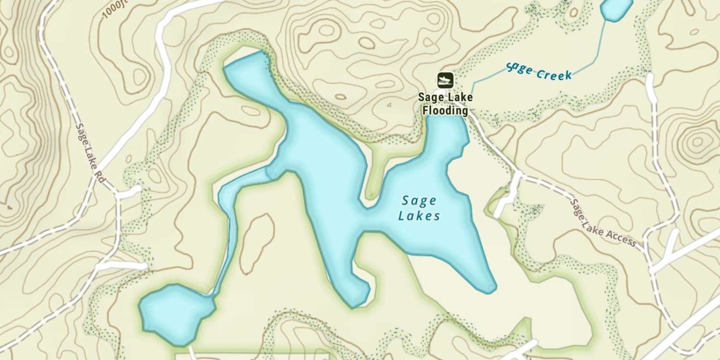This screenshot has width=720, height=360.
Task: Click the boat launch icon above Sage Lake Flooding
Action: [445, 81]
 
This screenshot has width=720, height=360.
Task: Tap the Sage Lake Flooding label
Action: [445, 104]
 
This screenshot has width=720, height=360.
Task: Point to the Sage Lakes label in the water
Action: [420, 208]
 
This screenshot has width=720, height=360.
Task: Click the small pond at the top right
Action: [615, 9]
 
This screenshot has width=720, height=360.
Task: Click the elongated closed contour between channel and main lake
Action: [256, 243]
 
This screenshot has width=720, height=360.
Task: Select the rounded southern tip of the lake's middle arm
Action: [358, 295]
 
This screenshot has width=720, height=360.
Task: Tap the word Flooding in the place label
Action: [445, 110]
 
